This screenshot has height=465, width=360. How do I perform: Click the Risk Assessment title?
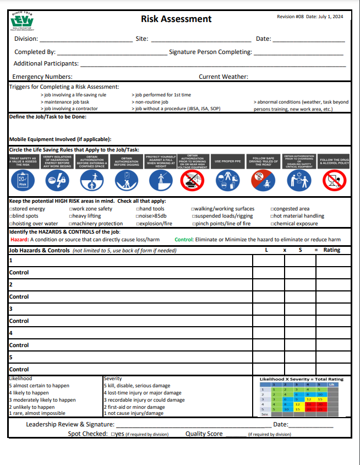coord(176,19)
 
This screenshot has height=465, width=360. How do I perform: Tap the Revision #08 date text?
coord(310,17)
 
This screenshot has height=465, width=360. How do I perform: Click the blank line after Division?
coord(85,40)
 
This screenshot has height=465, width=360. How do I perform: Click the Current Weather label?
coord(223,77)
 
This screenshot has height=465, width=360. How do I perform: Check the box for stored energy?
coord(12,209)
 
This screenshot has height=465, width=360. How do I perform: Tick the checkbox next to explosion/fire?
coord(138,224)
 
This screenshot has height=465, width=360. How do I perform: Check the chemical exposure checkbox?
coord(272,224)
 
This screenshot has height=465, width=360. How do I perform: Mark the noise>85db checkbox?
coord(138,217)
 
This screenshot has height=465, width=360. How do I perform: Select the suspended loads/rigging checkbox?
coord(194,217)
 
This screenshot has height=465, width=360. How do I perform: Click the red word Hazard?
coord(19,240)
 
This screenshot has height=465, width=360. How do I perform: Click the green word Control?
coord(184,240)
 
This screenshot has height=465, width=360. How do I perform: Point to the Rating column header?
coord(331,250)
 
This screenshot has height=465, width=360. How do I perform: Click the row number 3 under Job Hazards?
coord(11,309)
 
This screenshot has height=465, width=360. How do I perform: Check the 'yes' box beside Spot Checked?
coord(112,434)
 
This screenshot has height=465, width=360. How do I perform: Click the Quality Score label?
coord(204,434)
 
